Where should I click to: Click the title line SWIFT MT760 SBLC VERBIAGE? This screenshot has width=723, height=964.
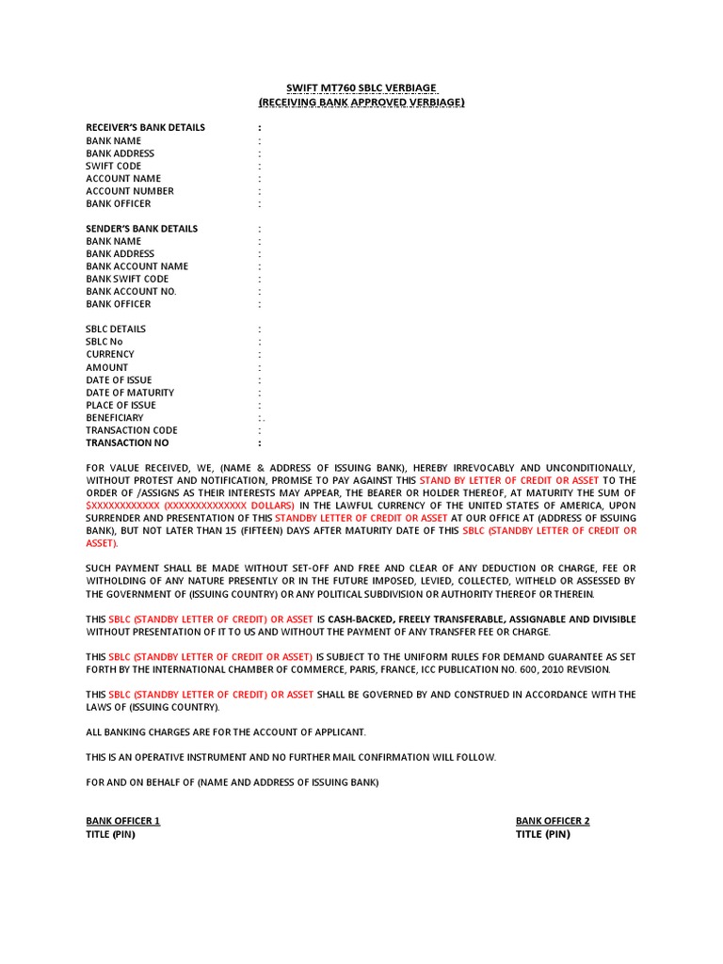coord(361,87)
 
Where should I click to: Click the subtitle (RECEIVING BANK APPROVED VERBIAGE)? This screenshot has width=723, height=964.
coord(361,101)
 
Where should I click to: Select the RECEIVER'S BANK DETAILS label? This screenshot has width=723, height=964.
coord(145,127)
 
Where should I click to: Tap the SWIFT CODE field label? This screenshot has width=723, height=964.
coord(113,166)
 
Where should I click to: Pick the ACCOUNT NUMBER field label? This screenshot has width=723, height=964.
coord(130,191)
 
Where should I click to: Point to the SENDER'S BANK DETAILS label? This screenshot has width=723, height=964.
coord(142,229)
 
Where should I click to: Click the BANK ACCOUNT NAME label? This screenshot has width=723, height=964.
coord(137,266)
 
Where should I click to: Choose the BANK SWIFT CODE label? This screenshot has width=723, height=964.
coord(127,279)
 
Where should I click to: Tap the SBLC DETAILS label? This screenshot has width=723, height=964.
coord(116,329)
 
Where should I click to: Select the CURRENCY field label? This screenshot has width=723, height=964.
coord(110,355)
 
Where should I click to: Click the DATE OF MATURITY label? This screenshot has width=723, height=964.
coord(130,393)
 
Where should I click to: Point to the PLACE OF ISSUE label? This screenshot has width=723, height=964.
coord(121,405)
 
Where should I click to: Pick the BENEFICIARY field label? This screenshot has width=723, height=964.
coord(115,417)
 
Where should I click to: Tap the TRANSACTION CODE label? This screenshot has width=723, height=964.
coord(132,430)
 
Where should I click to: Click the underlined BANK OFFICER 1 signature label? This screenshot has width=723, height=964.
coord(123,821)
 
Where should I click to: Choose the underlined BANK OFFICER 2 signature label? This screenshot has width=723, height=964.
coord(553,821)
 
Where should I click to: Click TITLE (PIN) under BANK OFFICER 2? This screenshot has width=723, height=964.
coord(543,834)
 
